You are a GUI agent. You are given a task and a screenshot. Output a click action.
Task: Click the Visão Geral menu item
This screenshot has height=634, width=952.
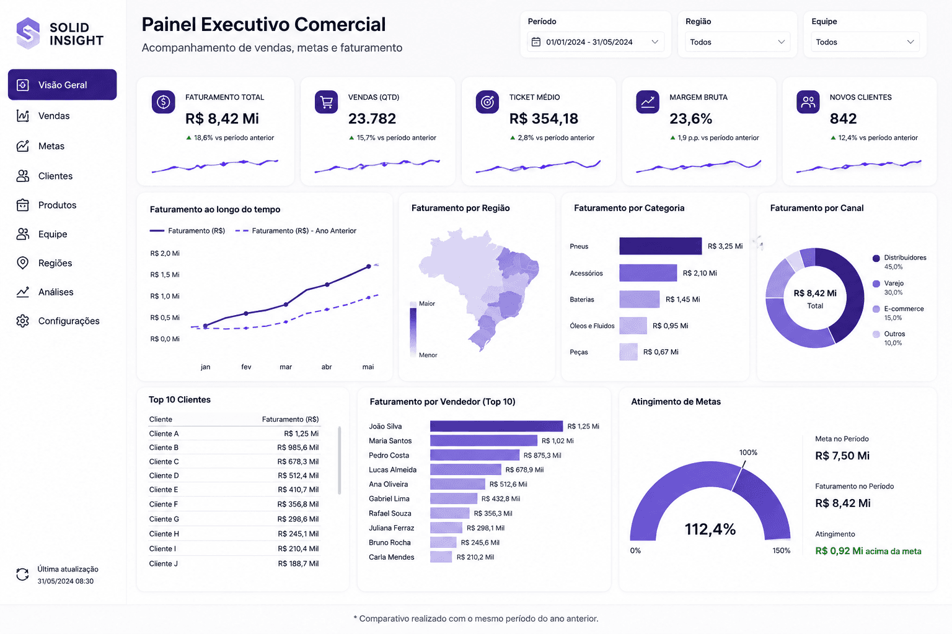(x=62, y=84)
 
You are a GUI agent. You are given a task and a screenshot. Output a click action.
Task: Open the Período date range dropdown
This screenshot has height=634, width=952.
(x=596, y=41)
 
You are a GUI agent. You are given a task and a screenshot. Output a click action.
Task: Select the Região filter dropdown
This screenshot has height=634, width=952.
(x=738, y=41)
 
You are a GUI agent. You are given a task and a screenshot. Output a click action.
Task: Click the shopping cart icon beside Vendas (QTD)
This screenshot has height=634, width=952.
(x=327, y=102)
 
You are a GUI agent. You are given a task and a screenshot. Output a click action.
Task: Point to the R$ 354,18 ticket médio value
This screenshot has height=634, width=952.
(x=544, y=118)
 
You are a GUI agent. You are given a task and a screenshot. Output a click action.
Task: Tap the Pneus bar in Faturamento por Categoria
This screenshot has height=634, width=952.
(x=661, y=246)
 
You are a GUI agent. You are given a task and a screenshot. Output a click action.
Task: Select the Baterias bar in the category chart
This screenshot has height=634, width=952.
(x=639, y=299)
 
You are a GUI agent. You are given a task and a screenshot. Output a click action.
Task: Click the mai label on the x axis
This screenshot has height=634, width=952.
(x=368, y=367)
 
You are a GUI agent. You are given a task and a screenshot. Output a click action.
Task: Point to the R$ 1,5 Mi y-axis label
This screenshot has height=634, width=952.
(x=165, y=274)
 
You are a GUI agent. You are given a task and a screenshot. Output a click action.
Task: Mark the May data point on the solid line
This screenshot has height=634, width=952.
(x=369, y=266)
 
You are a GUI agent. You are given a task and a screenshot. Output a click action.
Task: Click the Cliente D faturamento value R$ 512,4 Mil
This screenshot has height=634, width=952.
(x=298, y=475)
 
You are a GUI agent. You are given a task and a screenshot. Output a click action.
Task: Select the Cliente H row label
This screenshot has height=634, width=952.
(x=164, y=533)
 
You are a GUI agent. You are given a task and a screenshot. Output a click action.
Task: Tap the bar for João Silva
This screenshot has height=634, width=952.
(x=496, y=426)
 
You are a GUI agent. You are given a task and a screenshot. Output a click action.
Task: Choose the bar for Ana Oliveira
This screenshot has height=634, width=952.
(x=457, y=484)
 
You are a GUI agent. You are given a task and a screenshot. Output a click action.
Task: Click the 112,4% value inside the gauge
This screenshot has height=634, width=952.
(x=710, y=529)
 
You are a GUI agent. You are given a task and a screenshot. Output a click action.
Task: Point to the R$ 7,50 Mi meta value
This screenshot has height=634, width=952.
(x=842, y=456)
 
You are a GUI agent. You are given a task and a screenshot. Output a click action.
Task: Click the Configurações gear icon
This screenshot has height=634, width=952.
(x=22, y=321)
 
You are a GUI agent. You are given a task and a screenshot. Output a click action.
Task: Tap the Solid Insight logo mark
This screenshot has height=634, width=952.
(x=28, y=33)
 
